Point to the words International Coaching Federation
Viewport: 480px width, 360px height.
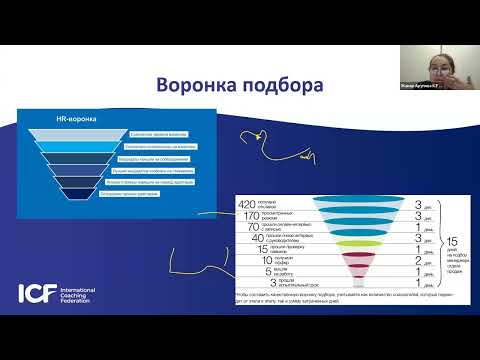76,294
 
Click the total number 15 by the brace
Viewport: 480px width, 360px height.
451,241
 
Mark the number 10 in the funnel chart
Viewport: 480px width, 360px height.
250,260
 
